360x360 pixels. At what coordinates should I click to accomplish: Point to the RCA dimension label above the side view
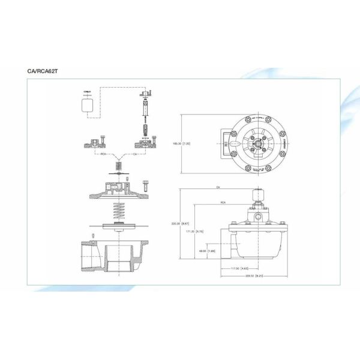223,203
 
